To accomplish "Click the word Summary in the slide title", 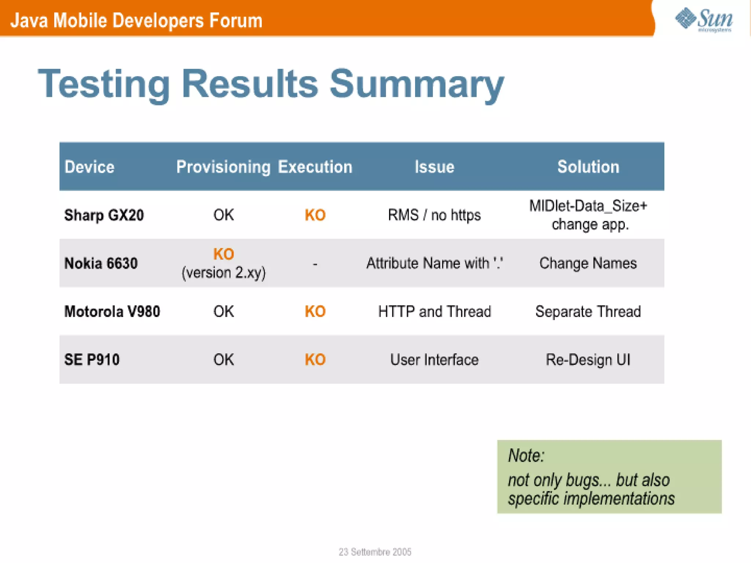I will [x=417, y=84].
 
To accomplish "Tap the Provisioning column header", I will [x=223, y=167].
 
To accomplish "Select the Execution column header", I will [x=315, y=167].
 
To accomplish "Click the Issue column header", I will [x=434, y=167].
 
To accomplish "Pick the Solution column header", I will [x=588, y=167].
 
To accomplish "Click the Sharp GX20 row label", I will [x=104, y=215].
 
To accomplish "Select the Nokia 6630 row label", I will [x=101, y=263].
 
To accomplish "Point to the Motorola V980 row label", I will [x=112, y=312].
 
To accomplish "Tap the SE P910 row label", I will [x=92, y=360].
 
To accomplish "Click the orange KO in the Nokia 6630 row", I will [x=223, y=254].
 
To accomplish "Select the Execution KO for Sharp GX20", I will [x=315, y=215].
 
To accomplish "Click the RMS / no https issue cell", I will [x=434, y=215].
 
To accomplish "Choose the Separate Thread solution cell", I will [x=588, y=312].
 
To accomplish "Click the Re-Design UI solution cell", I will [x=588, y=360].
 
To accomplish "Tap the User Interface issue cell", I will [x=434, y=360].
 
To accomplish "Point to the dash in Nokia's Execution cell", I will [x=315, y=264].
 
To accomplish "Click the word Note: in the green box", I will [x=526, y=456].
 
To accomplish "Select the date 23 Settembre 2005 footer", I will [x=375, y=552].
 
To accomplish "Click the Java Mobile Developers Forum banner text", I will [x=136, y=21].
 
